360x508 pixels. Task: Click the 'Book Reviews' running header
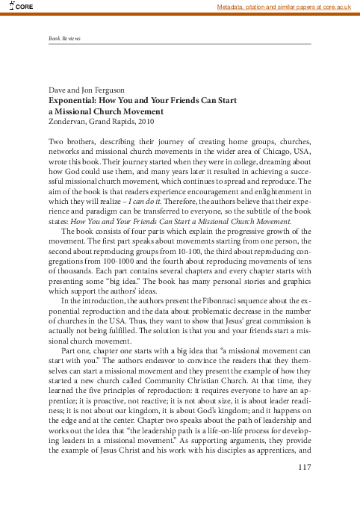click(x=64, y=38)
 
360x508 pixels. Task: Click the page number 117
click(x=302, y=468)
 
